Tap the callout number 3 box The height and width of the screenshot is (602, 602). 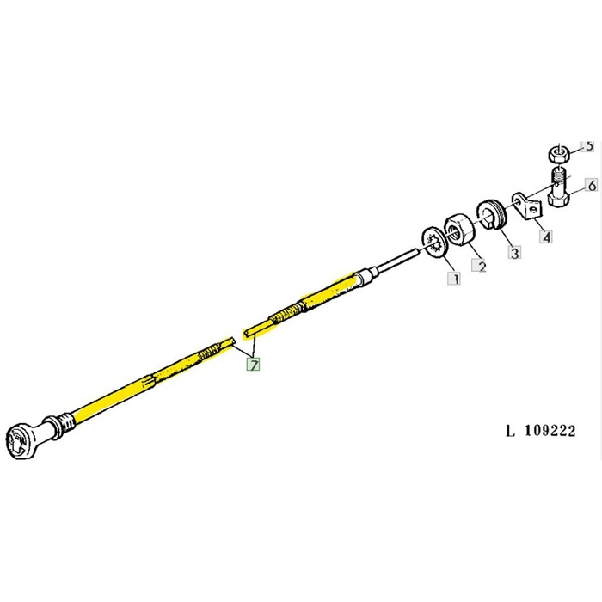(513, 253)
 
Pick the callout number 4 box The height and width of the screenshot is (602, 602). (545, 236)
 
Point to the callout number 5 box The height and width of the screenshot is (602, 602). (589, 146)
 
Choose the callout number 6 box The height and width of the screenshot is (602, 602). (591, 185)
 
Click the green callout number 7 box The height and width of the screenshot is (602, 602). (255, 364)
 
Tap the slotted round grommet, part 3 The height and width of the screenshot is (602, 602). (493, 215)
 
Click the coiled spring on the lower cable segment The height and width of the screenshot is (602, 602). (216, 353)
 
